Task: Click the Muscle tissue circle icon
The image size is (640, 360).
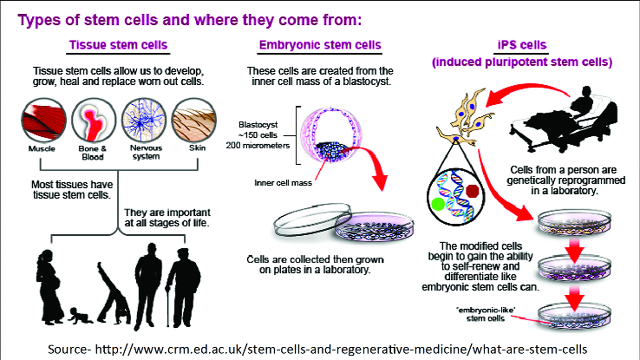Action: click(44, 120)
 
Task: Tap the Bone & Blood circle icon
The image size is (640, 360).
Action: click(94, 120)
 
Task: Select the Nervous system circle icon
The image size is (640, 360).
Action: click(144, 120)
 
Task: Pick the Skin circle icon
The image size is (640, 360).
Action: click(194, 120)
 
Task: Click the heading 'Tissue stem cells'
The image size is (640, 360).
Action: click(118, 45)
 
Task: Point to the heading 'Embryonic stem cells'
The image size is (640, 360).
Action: click(320, 45)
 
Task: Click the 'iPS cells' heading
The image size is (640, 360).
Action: click(522, 45)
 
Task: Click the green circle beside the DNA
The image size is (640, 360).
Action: click(438, 204)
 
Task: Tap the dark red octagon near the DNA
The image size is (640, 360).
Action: click(472, 191)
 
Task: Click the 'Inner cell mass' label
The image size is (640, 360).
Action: click(283, 183)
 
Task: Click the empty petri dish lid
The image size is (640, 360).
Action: click(312, 220)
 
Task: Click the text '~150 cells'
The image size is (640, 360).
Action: click(258, 135)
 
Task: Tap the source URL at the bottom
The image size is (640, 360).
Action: click(317, 349)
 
